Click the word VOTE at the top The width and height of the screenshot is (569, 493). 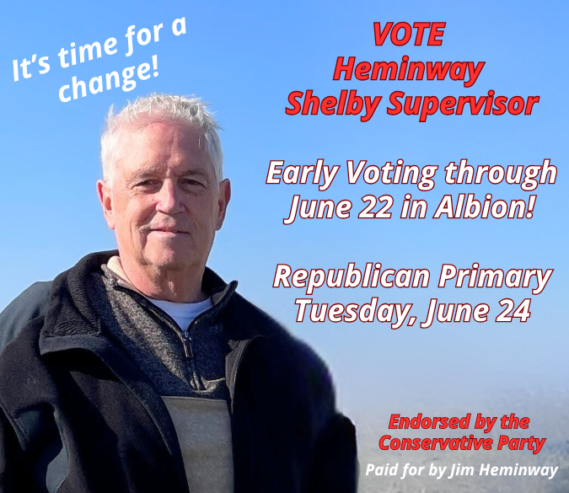[409, 34]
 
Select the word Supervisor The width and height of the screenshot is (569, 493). [462, 104]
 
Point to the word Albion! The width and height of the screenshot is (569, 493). [485, 207]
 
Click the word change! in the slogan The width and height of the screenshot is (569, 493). [109, 81]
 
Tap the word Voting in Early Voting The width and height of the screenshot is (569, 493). [391, 174]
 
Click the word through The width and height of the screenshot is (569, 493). [501, 174]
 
